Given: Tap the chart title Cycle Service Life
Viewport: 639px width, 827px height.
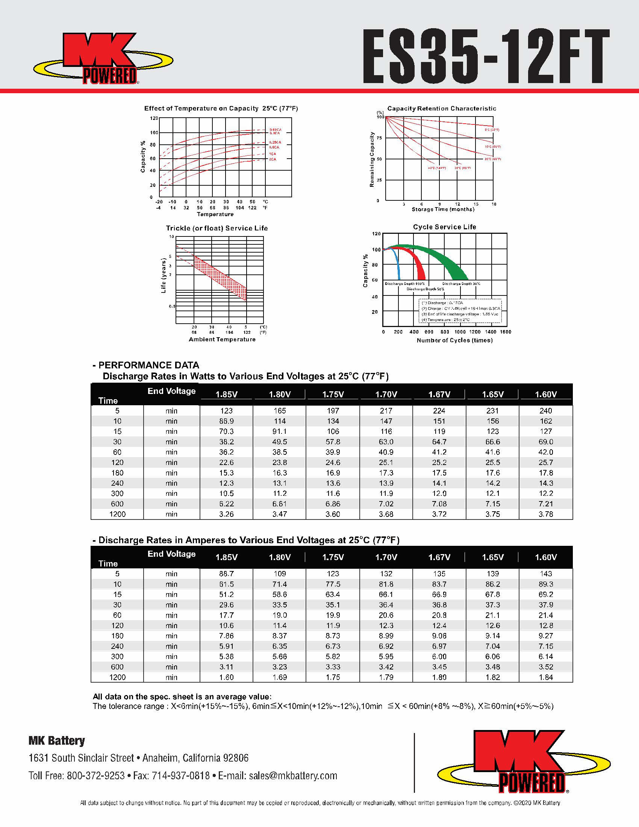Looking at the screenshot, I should click(444, 227).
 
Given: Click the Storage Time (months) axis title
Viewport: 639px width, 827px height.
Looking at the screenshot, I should click(442, 209).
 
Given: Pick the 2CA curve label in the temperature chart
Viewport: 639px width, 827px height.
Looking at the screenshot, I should click(273, 159).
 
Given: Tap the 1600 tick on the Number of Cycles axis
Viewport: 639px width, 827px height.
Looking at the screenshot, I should click(505, 332).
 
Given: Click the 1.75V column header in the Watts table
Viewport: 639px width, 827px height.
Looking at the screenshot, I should click(333, 394).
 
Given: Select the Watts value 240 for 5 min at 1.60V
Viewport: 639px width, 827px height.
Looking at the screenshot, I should click(545, 411).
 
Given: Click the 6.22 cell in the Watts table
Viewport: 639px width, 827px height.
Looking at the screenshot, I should click(226, 504).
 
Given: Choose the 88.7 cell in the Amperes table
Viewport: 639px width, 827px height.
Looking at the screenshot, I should click(226, 574).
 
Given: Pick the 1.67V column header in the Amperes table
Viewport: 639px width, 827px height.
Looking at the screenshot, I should click(439, 557).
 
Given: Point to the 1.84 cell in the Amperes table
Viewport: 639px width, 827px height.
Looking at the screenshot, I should click(545, 677).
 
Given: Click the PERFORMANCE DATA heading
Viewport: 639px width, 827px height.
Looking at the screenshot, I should click(148, 365).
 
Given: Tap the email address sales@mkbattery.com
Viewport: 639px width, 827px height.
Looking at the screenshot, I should click(292, 776).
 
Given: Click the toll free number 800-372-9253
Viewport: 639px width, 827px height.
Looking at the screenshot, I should click(96, 776).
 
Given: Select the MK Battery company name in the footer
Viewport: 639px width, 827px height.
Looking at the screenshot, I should click(57, 741).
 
